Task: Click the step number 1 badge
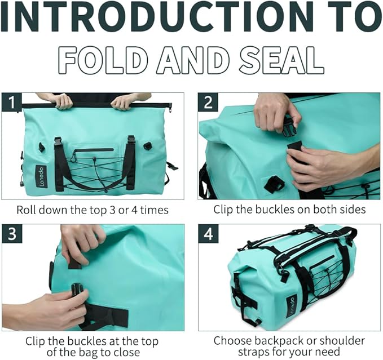click(12, 103)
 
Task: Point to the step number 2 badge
click(208, 103)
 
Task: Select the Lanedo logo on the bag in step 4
click(290, 308)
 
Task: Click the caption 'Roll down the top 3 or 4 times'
click(93, 210)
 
